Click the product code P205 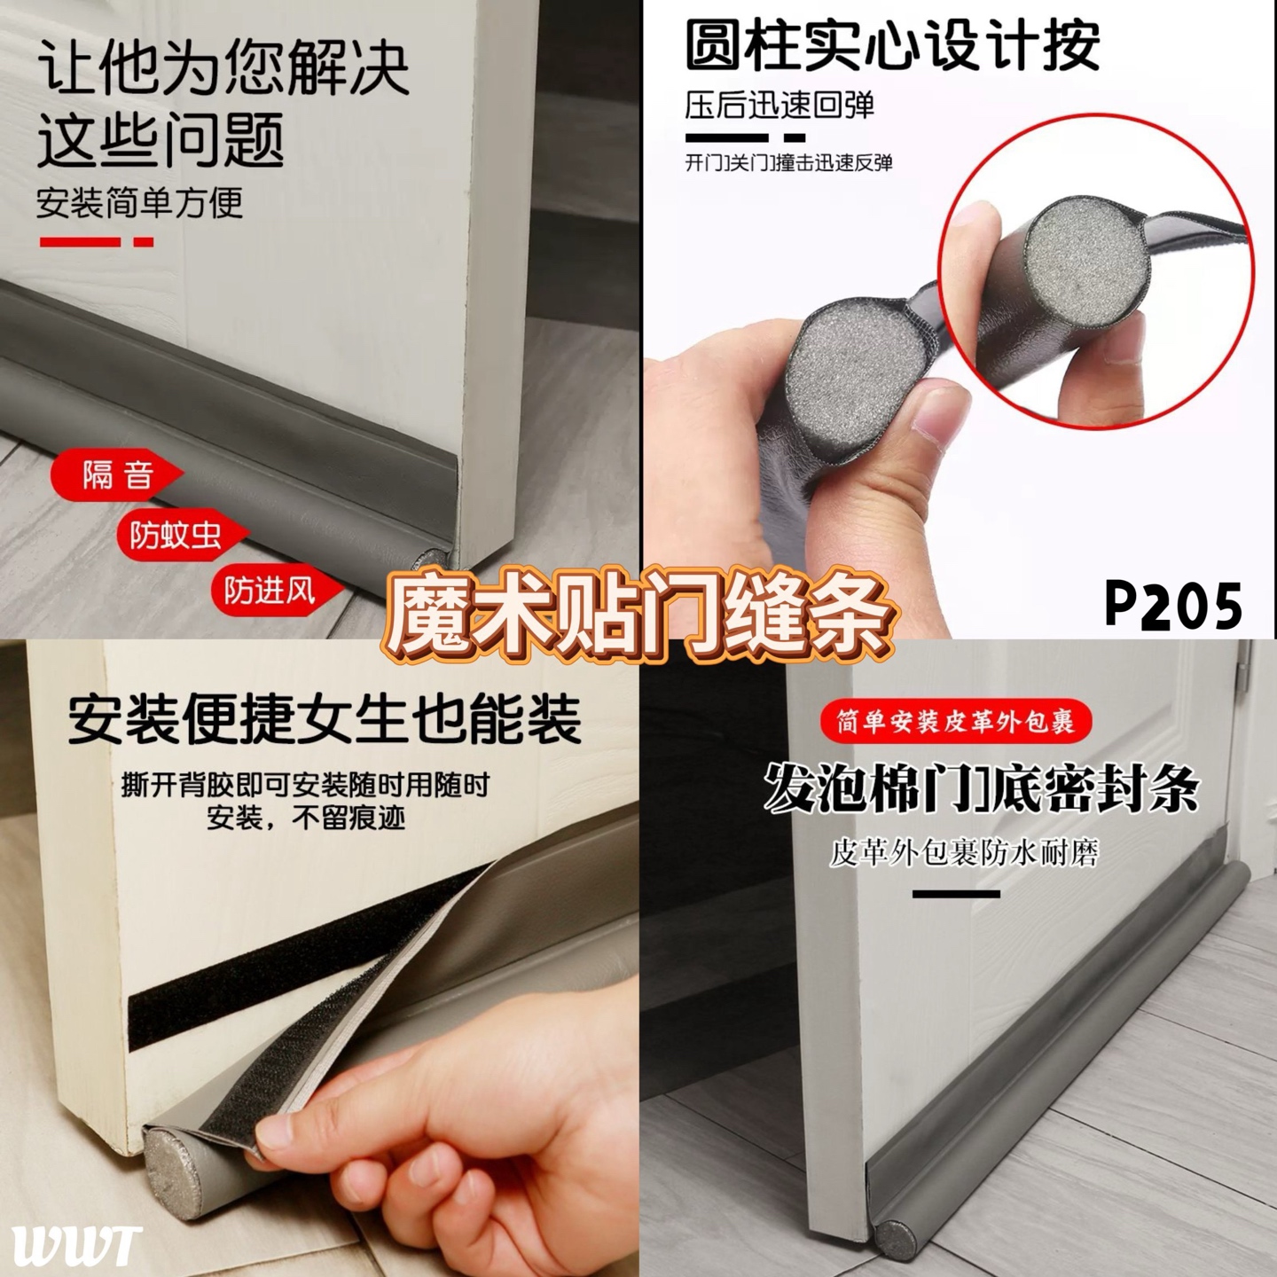coord(1172,605)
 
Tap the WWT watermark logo coord(77,1245)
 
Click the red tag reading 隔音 coord(117,474)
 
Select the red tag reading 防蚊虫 coord(182,535)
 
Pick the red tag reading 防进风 coord(277,591)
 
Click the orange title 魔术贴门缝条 coord(638,613)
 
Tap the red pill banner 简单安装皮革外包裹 coord(955,721)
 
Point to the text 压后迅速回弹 coord(780,104)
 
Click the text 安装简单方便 coord(139,202)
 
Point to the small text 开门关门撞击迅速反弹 coord(788,161)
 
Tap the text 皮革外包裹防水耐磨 coord(964,852)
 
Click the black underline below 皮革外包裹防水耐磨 coord(956,894)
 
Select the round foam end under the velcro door coord(172,1160)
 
